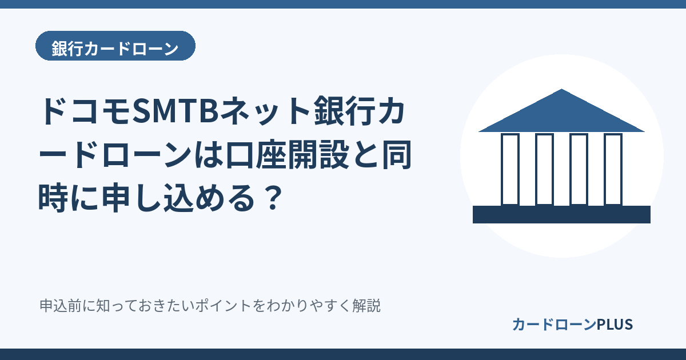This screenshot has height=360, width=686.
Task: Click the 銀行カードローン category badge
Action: coord(115,46)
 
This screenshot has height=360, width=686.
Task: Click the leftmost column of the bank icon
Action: coord(510,169)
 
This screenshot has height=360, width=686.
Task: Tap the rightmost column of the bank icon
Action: coord(613,169)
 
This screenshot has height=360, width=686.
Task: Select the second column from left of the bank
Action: coord(544,169)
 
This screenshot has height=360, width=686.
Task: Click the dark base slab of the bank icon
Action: coord(561,215)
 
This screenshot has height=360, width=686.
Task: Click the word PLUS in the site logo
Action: coord(615,325)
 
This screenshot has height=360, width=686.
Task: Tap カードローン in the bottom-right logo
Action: coord(555,325)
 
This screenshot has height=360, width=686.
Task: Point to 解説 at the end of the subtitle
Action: coord(366,306)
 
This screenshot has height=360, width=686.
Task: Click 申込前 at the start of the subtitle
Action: coord(61,306)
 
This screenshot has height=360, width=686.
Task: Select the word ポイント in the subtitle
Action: coord(223,306)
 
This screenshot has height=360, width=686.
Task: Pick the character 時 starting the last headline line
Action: coord(53,198)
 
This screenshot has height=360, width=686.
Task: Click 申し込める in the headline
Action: coord(178,198)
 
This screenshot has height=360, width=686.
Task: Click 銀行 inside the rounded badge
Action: coord(67,49)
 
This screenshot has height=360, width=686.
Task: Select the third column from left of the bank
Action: coord(579,169)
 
